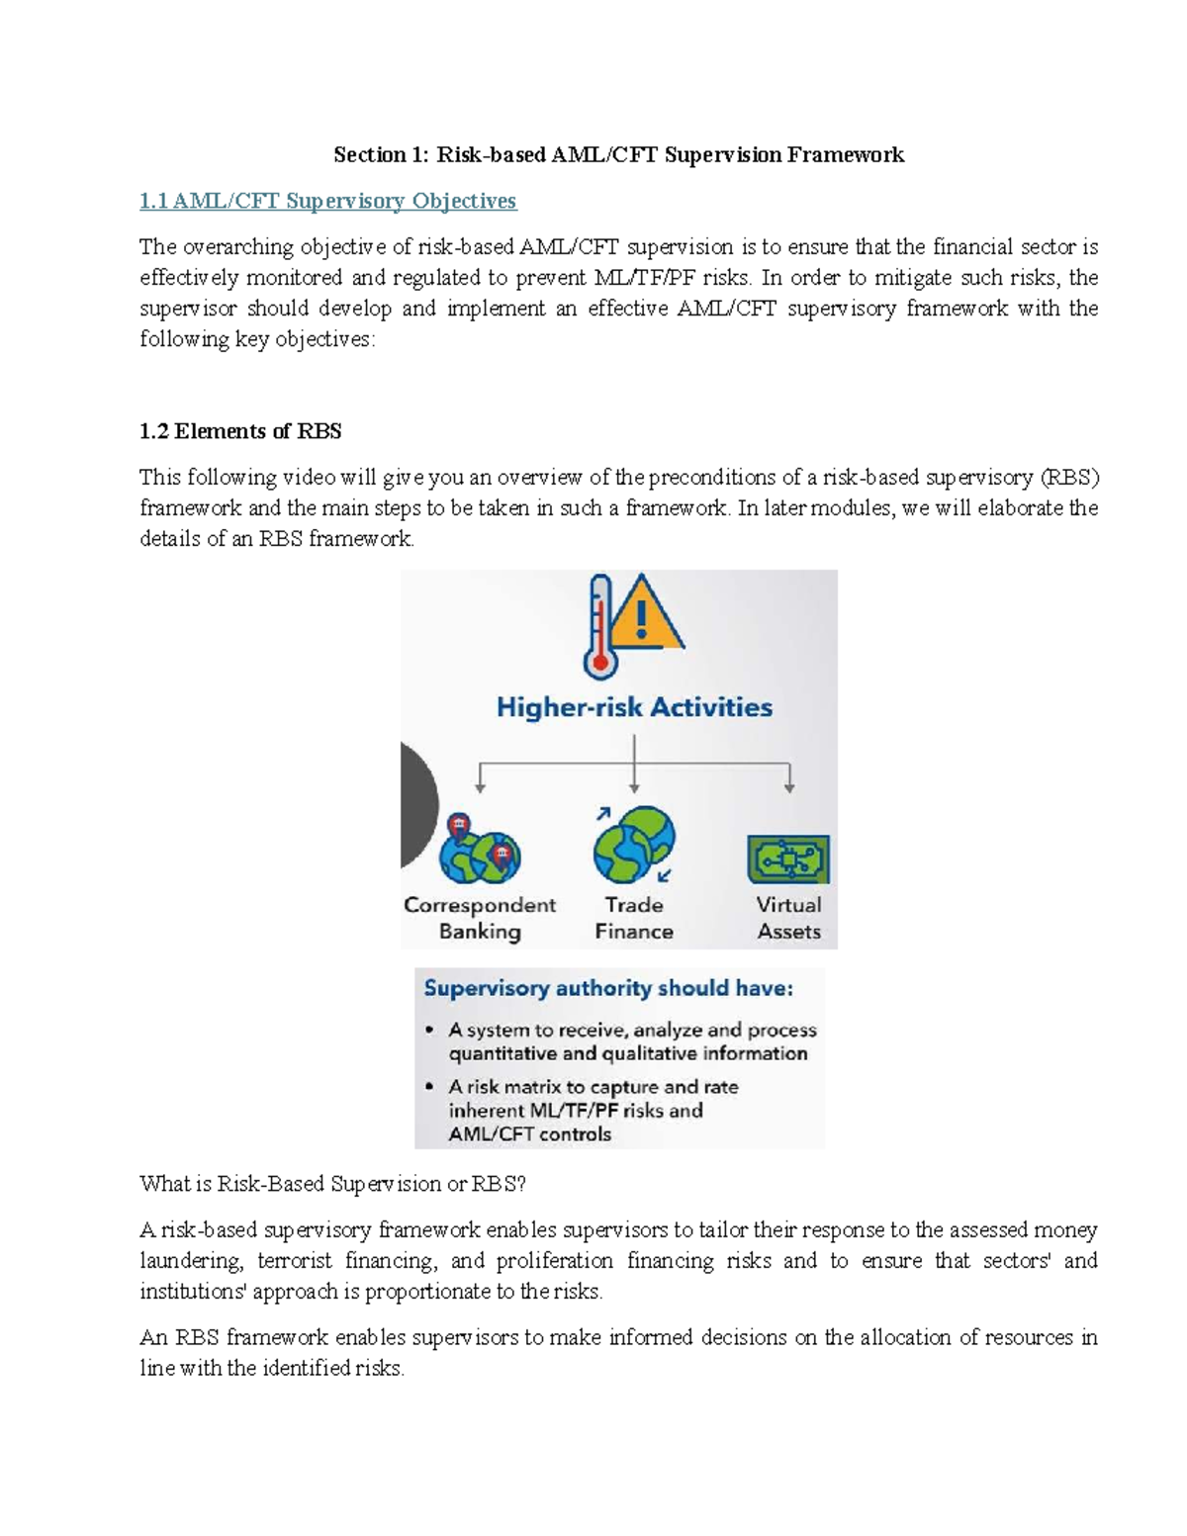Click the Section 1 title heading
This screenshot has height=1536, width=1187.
[x=618, y=154]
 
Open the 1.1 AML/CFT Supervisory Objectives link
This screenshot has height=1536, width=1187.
[x=327, y=201]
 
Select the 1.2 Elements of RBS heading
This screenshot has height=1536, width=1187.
[x=240, y=431]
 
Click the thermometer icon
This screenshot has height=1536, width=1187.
[x=599, y=628]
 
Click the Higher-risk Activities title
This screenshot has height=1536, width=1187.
[x=634, y=707]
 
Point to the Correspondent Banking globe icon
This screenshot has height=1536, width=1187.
[x=480, y=852]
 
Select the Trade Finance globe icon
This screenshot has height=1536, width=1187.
[x=634, y=845]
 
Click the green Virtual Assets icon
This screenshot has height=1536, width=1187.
[x=788, y=858]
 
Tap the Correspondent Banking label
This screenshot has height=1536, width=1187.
[x=480, y=918]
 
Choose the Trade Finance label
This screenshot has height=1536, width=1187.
[x=634, y=918]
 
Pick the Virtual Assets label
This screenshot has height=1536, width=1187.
[x=788, y=918]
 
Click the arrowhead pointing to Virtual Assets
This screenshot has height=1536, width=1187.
[x=789, y=787]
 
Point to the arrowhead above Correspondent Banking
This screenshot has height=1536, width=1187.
[x=481, y=787]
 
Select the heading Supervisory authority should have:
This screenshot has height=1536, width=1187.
[x=608, y=988]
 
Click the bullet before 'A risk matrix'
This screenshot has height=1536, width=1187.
[x=429, y=1086]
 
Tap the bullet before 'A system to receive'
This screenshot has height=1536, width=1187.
[x=429, y=1030]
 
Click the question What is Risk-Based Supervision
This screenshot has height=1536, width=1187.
[x=333, y=1184]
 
